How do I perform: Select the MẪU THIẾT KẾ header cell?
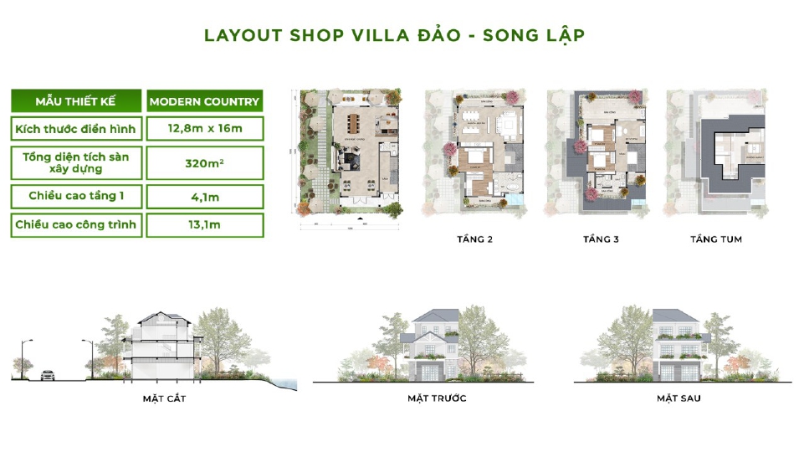click(75, 102)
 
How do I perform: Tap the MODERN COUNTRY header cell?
click(204, 102)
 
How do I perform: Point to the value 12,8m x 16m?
click(204, 128)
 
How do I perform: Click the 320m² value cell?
click(204, 162)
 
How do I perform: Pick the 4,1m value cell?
click(204, 196)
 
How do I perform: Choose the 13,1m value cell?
click(204, 224)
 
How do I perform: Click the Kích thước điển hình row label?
click(75, 128)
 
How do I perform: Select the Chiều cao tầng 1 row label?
click(75, 196)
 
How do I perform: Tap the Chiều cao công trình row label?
click(75, 224)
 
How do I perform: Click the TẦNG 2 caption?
click(474, 239)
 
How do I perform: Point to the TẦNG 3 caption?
click(601, 239)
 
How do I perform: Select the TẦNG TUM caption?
click(715, 239)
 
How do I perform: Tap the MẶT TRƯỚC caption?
click(437, 398)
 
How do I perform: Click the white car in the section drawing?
click(47, 376)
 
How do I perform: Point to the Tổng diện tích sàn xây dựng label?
click(75, 162)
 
